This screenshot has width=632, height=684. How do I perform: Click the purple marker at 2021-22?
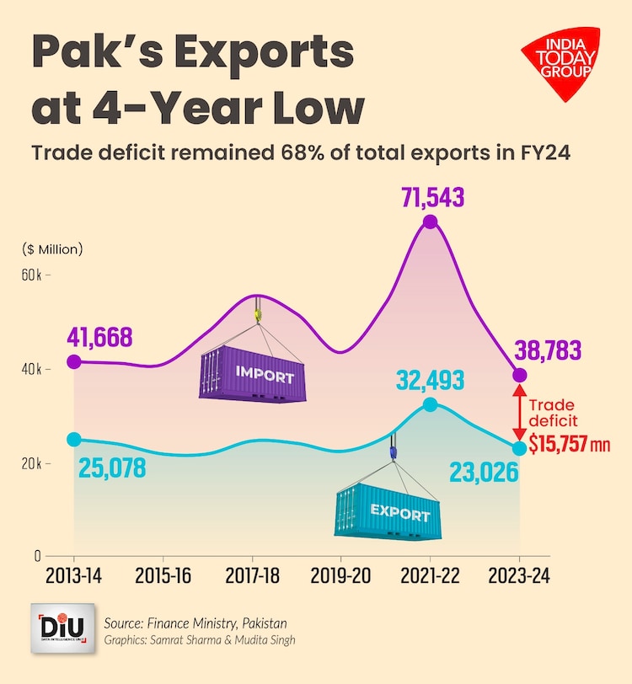(x=431, y=222)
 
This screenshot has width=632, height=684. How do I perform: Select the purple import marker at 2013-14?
(x=74, y=361)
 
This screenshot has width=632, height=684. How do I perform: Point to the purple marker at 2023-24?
(x=520, y=375)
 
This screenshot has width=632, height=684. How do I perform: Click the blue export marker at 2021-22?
(x=431, y=404)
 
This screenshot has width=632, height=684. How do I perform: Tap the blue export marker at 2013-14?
(x=74, y=439)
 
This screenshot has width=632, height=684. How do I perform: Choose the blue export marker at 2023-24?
(x=520, y=448)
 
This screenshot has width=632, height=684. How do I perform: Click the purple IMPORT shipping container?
(x=253, y=374)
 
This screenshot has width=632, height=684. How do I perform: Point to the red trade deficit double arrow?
(x=520, y=412)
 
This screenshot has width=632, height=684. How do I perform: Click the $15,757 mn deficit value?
(x=569, y=443)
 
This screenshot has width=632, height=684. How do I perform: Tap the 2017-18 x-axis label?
(x=253, y=576)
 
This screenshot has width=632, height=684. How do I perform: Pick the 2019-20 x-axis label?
(x=341, y=576)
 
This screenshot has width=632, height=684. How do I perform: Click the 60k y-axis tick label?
(x=32, y=275)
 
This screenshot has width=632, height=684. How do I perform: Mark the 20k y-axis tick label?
(x=32, y=463)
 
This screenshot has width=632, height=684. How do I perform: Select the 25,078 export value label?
(x=113, y=468)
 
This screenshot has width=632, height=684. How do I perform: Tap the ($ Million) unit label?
(x=52, y=248)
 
